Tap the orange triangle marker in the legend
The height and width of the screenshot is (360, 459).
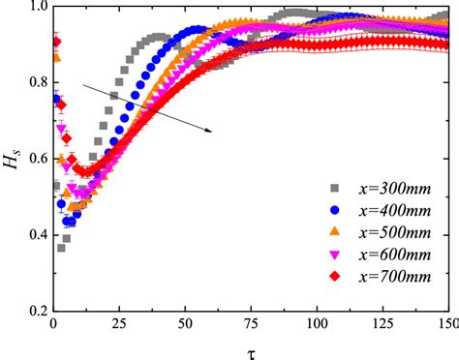click(x=335, y=230)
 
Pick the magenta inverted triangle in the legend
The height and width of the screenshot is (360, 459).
click(x=335, y=254)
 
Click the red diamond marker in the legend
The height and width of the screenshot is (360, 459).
click(x=335, y=276)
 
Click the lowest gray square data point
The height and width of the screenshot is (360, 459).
click(x=61, y=248)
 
